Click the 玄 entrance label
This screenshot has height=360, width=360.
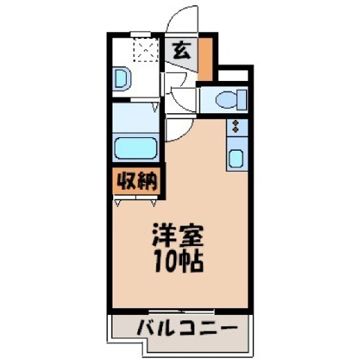tap(182, 50)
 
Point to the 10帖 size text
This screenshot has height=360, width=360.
tap(178, 262)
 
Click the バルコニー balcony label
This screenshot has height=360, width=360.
tap(187, 328)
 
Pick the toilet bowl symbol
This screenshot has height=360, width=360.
tap(226, 100)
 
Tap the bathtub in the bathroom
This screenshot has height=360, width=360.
tap(136, 148)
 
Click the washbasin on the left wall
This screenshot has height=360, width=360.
tap(122, 78)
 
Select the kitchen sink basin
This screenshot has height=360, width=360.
tap(235, 158)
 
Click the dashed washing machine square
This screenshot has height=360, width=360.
tap(146, 50)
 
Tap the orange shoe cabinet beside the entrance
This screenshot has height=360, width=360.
tap(205, 59)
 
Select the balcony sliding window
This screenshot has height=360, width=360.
tap(181, 312)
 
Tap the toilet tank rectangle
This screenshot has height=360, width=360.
tap(242, 100)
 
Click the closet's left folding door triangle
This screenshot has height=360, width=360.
tap(118, 203)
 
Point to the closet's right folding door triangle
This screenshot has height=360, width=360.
tap(154, 203)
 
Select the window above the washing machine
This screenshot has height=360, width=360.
tap(140, 34)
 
